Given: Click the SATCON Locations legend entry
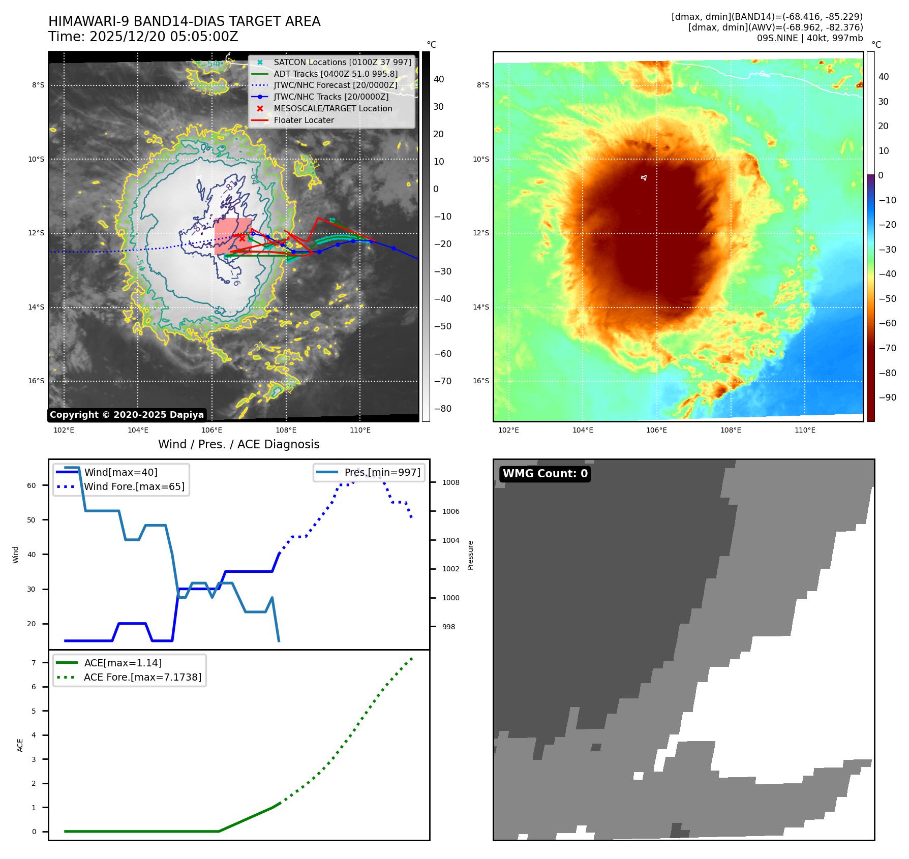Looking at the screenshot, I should (x=342, y=62).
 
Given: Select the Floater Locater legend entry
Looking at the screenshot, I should (x=304, y=120).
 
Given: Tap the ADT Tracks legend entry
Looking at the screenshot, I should (x=336, y=74).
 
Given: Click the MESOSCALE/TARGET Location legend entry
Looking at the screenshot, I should (x=332, y=108).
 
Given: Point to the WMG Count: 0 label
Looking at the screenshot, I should (x=545, y=474).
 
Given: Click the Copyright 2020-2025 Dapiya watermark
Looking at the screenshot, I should (x=127, y=415).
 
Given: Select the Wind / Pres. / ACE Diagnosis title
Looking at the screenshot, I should (x=238, y=444).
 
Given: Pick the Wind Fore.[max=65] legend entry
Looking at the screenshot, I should (x=134, y=486).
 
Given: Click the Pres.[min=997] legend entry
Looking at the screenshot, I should (x=382, y=472).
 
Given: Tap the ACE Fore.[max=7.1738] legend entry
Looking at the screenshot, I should (x=142, y=677).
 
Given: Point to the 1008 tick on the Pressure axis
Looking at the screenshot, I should (x=450, y=482).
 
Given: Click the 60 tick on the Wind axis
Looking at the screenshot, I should (x=32, y=485).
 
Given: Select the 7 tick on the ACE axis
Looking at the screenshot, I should (x=34, y=663).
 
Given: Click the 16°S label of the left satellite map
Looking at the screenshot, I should (x=36, y=381).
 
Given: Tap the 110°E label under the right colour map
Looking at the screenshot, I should (x=805, y=430).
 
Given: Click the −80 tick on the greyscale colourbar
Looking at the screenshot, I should (x=442, y=409).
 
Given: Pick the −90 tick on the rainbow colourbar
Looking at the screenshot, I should (x=887, y=397).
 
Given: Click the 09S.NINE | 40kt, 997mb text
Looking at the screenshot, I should (x=809, y=38).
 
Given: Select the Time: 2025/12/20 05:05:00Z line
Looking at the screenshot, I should (x=143, y=37).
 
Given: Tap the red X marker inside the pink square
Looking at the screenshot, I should (x=242, y=238).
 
